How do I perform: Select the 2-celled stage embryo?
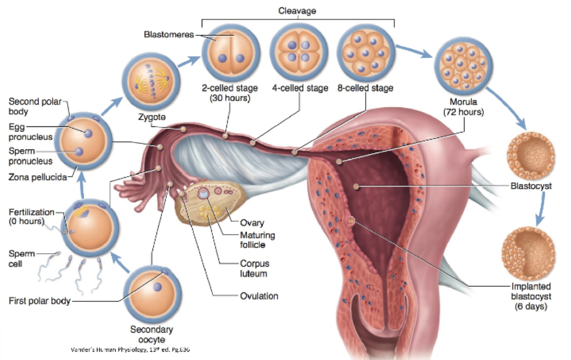pos(230,53)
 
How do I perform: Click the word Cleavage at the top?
pos(298,10)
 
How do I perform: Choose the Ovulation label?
pos(259,296)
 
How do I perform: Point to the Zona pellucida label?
pos(34,178)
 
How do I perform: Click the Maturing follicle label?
pos(257,240)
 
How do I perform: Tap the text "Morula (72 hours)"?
pos(463,107)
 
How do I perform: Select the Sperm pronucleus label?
pos(30,156)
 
